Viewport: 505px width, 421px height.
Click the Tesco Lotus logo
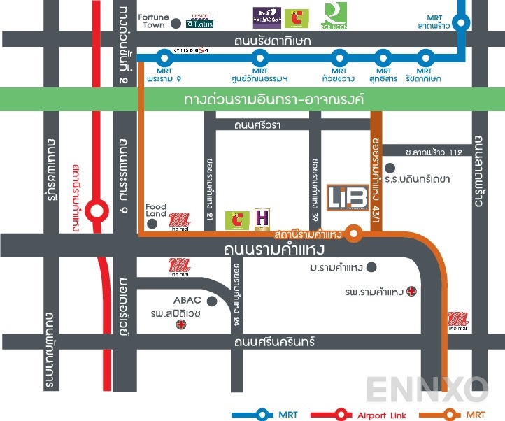(199, 21)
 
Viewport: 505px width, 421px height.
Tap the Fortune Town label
(152, 21)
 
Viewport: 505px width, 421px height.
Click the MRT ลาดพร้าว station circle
(461, 23)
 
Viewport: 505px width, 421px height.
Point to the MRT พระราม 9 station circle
(164, 57)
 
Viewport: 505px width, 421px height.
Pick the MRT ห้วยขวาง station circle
(339, 57)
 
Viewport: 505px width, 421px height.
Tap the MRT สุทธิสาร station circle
(382, 57)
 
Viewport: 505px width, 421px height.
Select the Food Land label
(156, 210)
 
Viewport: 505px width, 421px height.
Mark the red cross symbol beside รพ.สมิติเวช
(182, 325)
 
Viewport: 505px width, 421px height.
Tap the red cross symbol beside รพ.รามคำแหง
(412, 292)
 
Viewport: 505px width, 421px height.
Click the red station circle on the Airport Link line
(97, 209)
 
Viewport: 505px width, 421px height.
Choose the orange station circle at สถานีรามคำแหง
(355, 234)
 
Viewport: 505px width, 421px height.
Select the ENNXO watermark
(427, 390)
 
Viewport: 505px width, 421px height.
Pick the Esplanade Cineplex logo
(266, 17)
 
